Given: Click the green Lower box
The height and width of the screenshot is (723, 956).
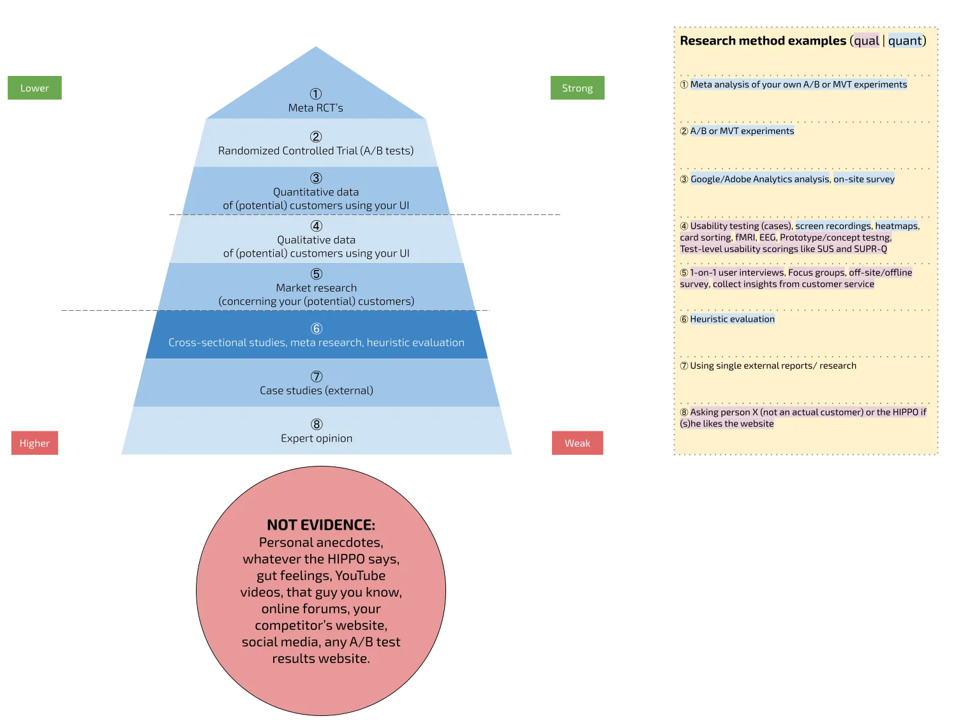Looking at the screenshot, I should click(x=34, y=88).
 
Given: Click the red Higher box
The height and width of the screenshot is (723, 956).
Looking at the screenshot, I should click(x=34, y=443).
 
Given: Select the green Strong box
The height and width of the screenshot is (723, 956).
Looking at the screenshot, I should click(x=577, y=88).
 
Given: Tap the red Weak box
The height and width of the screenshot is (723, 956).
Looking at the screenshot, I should click(x=577, y=443).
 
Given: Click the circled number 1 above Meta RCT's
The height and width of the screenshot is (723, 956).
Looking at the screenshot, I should click(x=316, y=94).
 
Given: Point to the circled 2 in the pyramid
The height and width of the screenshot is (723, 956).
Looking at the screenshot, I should click(x=316, y=137).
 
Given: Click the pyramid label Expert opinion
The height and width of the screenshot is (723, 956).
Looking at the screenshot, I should click(x=317, y=438).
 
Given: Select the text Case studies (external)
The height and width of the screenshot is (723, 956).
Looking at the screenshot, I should click(x=317, y=391).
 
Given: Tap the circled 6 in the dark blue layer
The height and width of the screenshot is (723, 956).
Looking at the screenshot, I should click(x=317, y=329).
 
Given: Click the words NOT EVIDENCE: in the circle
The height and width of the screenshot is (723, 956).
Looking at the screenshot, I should click(x=321, y=525).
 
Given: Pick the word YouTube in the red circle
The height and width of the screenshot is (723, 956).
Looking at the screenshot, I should click(x=360, y=576).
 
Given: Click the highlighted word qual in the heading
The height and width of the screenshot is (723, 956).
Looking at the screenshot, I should click(x=866, y=41).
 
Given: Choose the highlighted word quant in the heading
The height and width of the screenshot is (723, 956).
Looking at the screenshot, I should click(x=905, y=41).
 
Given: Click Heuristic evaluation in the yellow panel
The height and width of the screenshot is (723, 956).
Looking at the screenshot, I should click(x=732, y=319).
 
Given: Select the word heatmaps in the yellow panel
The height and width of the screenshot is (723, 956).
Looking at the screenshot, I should click(x=896, y=226).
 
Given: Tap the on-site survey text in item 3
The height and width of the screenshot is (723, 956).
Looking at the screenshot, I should click(x=863, y=179).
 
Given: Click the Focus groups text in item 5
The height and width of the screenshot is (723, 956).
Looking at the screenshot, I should click(x=816, y=272).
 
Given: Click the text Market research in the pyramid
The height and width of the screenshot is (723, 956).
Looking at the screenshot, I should click(x=317, y=288).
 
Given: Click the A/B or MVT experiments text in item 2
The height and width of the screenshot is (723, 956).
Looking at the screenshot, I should click(x=742, y=131).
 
